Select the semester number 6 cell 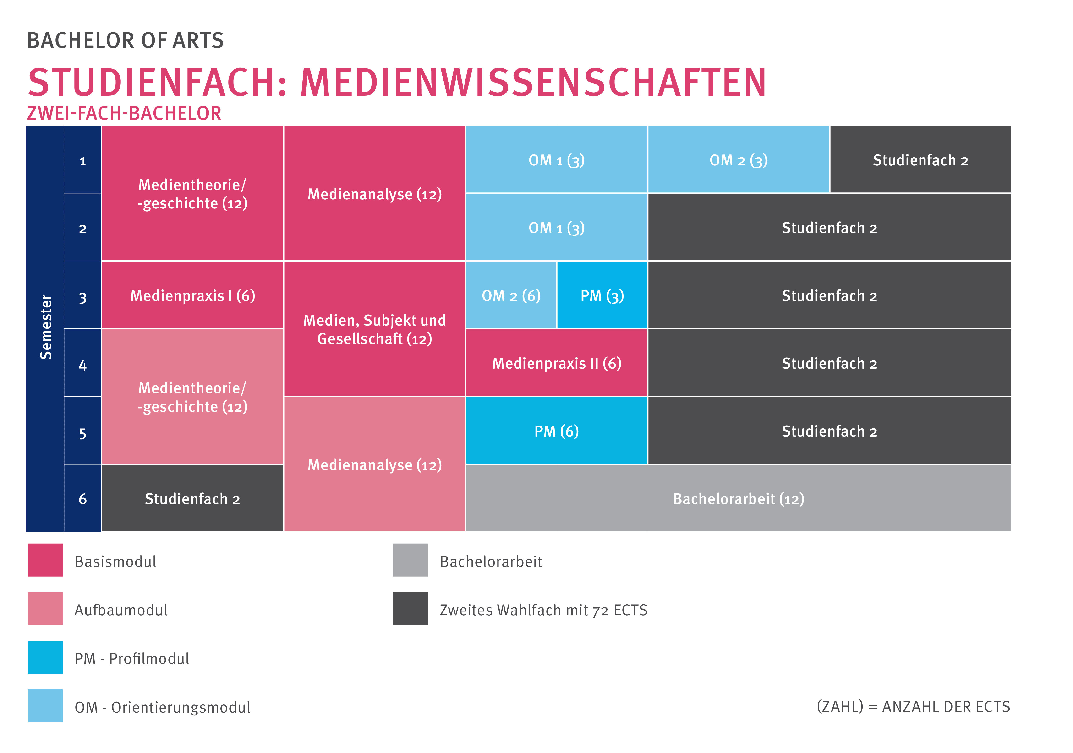(x=83, y=498)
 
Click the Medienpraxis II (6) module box (x=557, y=363)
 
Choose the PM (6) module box (x=557, y=431)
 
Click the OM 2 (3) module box (x=738, y=160)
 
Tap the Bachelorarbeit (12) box (x=738, y=498)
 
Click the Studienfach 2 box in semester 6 (x=192, y=498)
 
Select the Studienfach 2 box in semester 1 (x=920, y=160)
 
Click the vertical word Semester (x=45, y=327)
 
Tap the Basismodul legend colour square (x=45, y=560)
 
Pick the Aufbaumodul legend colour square (x=45, y=609)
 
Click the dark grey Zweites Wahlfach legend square (x=410, y=609)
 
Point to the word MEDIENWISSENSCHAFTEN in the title (x=533, y=83)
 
